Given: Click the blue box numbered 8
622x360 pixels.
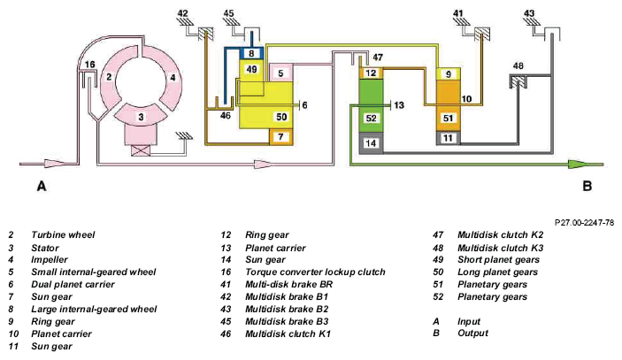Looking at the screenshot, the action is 251,54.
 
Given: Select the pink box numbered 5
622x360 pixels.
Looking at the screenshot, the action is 280,73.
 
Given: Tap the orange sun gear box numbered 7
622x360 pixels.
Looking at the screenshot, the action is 280,137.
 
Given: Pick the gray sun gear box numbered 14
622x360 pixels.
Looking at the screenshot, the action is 371,142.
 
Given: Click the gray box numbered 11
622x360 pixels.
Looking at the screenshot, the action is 449,138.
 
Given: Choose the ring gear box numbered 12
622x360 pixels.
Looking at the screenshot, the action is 371,73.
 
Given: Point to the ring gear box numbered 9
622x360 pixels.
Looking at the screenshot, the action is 449,73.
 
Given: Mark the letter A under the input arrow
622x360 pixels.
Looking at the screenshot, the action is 42,186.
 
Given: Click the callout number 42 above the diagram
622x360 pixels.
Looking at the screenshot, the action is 182,13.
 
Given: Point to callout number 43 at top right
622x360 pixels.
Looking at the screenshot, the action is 529,13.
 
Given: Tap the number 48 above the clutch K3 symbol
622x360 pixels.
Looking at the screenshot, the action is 518,65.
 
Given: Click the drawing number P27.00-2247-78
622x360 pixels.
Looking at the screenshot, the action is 584,223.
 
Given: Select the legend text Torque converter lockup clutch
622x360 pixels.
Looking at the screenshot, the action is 315,272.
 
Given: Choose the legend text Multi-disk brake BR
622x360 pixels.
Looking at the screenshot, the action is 288,285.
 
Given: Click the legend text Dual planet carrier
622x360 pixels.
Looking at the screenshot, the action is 73,285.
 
